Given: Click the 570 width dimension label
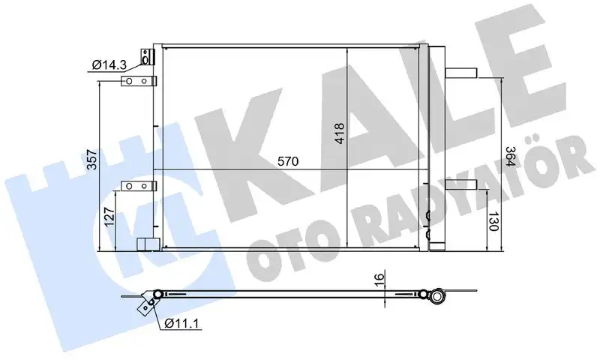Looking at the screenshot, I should click(x=289, y=161).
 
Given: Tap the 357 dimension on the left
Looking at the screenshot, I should click(x=91, y=160).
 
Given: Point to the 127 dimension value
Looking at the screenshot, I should click(x=110, y=217).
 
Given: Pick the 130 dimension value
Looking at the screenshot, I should click(x=493, y=223).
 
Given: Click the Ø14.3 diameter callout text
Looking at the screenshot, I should click(x=108, y=66).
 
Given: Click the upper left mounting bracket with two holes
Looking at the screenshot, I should click(x=139, y=81).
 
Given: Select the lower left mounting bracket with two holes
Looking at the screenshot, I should click(x=139, y=184).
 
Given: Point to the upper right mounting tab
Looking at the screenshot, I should click(x=459, y=73).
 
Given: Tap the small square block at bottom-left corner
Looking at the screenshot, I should click(x=147, y=244).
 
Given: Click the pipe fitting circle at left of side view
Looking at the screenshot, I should click(x=157, y=293).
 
